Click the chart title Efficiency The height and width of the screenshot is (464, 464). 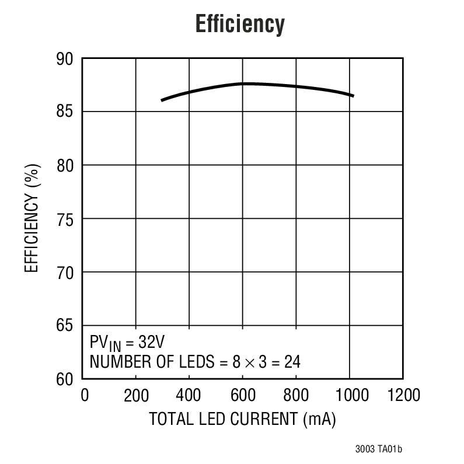240,25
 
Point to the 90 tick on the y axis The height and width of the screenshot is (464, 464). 65,59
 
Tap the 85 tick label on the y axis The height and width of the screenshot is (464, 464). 65,112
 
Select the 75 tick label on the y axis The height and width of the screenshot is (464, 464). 65,219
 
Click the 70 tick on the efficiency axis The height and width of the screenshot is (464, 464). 65,273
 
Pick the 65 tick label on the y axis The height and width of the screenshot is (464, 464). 65,326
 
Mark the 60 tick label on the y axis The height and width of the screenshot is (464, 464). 65,379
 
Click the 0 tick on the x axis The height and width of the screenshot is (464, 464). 85,396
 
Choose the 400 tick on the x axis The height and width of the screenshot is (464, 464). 189,396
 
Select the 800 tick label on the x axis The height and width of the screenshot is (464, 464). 296,396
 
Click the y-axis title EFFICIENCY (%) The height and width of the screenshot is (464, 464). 33,219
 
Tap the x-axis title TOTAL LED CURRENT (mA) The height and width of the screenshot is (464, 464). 242,420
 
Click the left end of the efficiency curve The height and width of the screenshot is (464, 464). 162,100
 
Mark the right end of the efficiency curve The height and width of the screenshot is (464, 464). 353,95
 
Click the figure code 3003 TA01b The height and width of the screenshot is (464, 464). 378,449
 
